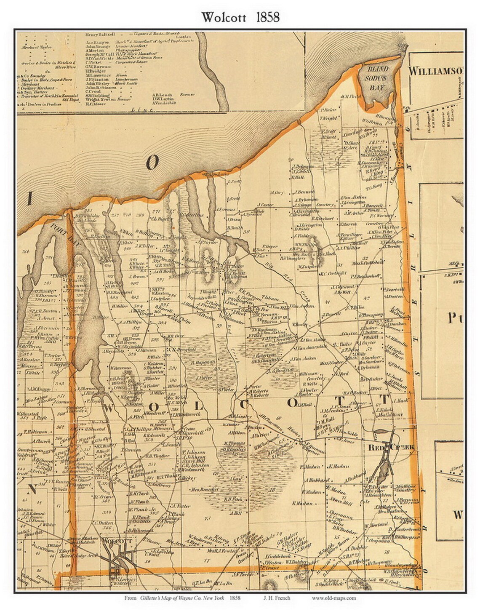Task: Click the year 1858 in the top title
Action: pyautogui.click(x=265, y=17)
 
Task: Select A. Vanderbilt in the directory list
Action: pyautogui.click(x=166, y=103)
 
